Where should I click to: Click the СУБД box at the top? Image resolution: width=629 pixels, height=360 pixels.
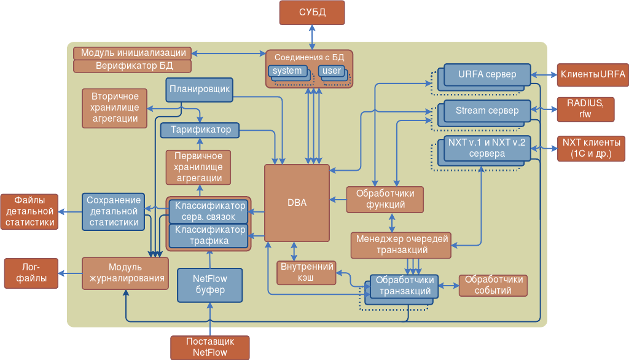coord(312,12)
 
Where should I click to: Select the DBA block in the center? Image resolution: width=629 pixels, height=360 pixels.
coord(297,202)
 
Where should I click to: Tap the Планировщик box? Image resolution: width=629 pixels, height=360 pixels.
coord(200,89)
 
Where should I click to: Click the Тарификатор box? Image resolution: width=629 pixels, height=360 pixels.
coord(200,130)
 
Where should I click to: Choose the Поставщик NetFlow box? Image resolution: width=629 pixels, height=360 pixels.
coord(209,347)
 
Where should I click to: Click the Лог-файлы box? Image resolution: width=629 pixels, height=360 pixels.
coord(31,273)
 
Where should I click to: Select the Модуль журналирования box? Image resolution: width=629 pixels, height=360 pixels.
coord(125,273)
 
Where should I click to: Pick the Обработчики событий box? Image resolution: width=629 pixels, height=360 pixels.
coord(493,285)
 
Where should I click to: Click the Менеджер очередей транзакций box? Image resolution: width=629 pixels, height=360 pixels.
coord(402,245)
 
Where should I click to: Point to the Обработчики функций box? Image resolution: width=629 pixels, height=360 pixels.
coord(385,199)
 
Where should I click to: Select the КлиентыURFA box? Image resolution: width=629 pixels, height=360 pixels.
coord(592,75)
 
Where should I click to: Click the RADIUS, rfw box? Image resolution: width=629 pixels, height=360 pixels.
coord(585,109)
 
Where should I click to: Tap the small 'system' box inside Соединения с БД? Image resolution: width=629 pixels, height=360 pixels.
coord(287,71)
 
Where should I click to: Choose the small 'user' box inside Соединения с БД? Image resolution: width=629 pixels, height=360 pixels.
coord(332,71)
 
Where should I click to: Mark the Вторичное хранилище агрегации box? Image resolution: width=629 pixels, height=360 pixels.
coord(114,108)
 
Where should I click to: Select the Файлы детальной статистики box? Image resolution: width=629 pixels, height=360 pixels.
coord(29,211)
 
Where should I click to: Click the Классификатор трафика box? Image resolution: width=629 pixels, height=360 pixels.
coord(209,235)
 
